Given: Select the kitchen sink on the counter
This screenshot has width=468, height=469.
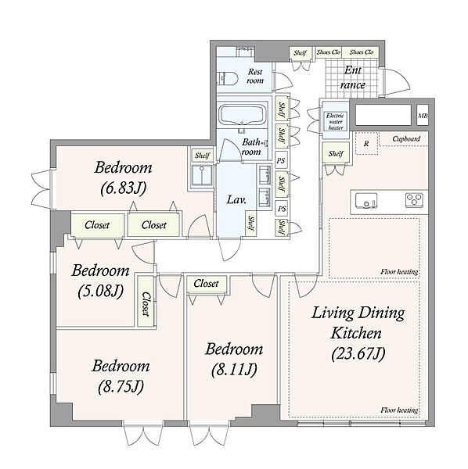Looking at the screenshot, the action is tap(366, 200).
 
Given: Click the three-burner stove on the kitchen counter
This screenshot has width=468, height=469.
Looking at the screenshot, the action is tap(415, 200).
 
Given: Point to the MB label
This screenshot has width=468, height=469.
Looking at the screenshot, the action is tap(423, 116).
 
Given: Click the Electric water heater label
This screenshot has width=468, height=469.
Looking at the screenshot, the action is tap(336, 121).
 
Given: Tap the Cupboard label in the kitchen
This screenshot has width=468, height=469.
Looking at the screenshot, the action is tap(406, 139).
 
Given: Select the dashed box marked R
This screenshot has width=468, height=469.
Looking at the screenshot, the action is tap(367, 143).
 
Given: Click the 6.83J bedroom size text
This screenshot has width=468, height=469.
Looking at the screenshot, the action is tap(124, 188).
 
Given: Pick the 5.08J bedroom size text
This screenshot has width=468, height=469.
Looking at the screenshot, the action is tap(101, 291).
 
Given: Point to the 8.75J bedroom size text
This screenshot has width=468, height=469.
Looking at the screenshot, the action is tap(121, 386).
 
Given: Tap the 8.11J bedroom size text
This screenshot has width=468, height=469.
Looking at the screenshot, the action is tap(234, 370).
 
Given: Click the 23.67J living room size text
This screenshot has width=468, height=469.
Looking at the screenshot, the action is tap(358, 354).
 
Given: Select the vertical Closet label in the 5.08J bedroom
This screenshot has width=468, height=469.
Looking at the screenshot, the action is tap(146, 304).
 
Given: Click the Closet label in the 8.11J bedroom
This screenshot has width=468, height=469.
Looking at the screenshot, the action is tap(206, 283).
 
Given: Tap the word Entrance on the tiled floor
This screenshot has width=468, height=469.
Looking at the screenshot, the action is tap(353, 77).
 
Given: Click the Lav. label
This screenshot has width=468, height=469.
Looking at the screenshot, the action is tap(236, 200).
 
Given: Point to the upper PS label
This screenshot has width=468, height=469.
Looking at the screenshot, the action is tap(280, 161).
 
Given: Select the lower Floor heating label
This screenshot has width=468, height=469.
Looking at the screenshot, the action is tap(399, 410).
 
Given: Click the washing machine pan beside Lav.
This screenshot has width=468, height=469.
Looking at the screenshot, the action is tap(202, 176).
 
